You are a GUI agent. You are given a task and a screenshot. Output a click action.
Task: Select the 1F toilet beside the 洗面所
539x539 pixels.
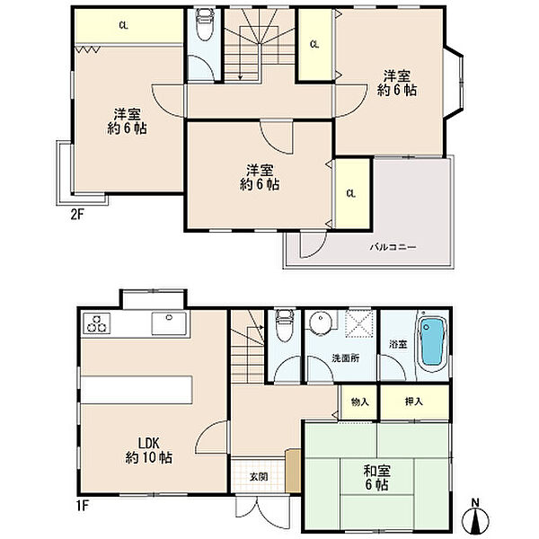pyautogui.click(x=285, y=325)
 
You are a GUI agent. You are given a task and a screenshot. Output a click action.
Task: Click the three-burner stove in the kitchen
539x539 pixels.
pyautogui.click(x=97, y=323)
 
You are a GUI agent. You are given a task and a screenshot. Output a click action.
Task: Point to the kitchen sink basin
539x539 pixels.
pyautogui.click(x=169, y=323)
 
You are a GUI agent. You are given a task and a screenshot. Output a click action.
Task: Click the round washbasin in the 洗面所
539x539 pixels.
pyautogui.click(x=321, y=323)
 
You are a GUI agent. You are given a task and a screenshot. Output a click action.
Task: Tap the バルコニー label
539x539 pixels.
pyautogui.click(x=393, y=247)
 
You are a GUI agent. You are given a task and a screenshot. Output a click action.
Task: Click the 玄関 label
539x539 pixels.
pyautogui.click(x=259, y=477)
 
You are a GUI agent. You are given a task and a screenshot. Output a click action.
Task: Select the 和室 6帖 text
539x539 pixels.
pyautogui.click(x=376, y=477)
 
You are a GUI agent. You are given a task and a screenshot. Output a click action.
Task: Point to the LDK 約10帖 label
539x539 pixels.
pyautogui.click(x=148, y=450)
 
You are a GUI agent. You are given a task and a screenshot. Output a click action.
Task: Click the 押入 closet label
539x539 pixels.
pyautogui.click(x=413, y=402)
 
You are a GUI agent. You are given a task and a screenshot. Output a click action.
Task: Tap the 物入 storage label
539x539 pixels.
pyautogui.click(x=359, y=402)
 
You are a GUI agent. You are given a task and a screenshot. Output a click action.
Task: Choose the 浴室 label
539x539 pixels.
pyautogui.click(x=398, y=344)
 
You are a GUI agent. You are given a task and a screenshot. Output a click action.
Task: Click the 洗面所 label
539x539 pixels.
pyautogui.click(x=346, y=358)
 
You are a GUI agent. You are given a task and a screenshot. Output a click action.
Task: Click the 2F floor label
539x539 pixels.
pyautogui.click(x=77, y=215)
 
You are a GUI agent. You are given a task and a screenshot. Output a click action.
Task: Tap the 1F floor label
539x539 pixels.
pyautogui.click(x=82, y=506)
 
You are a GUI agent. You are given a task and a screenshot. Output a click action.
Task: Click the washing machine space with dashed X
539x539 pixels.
pyautogui.click(x=358, y=323)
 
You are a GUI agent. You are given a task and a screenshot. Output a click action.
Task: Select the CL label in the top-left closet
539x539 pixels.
pyautogui.click(x=123, y=25)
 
